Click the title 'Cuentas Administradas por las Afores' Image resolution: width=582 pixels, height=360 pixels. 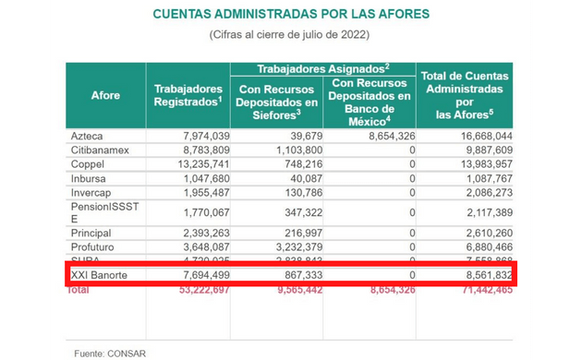pos(291,16)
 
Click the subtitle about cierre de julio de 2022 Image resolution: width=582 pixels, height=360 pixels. pos(291,35)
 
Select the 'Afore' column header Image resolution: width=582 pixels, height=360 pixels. pos(105,95)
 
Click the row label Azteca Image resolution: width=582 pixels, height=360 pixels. pos(88,136)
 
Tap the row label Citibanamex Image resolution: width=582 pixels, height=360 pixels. pos(99,149)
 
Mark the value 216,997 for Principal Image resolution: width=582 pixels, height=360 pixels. pos(298,234)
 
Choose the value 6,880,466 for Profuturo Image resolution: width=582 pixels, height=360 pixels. pos(481,247)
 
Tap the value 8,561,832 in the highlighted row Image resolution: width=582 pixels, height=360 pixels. pos(481,275)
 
